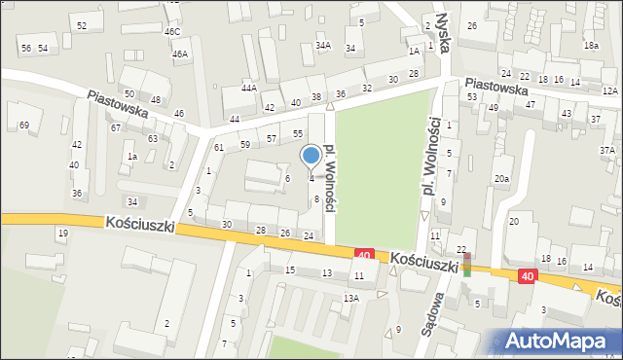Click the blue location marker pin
pos(311,157)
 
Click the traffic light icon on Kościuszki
pos(467,265)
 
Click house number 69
pos(23,125)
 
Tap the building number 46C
pos(172,32)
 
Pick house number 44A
pos(249,88)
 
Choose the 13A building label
pos(350,298)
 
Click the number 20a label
pos(501,179)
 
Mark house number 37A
pos(607,150)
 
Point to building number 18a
pos(590,46)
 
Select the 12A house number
pos(609,90)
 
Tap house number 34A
pos(323,45)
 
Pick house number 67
pos(116,127)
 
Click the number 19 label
pos(62,233)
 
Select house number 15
pos(289,270)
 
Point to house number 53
pos(471,96)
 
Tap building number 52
pos(82,25)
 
